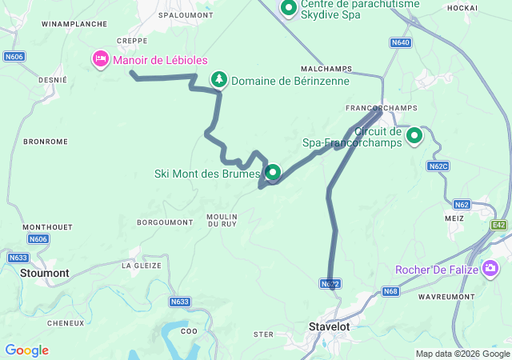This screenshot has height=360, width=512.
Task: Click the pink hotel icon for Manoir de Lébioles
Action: (100, 59)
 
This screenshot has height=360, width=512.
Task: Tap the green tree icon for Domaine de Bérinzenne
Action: (218, 79)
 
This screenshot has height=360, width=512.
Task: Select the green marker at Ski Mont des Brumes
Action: (273, 172)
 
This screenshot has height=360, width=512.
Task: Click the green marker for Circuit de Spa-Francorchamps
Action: (414, 135)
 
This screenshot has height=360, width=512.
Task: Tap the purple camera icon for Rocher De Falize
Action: (490, 269)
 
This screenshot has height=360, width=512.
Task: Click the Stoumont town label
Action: (46, 273)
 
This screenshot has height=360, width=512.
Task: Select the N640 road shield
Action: (401, 42)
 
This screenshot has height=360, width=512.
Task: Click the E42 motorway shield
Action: (499, 226)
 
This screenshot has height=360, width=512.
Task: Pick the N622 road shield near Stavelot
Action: (331, 284)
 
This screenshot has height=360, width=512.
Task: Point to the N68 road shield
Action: (390, 290)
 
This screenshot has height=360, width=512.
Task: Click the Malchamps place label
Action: (327, 69)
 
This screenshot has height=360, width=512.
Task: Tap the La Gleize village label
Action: (141, 265)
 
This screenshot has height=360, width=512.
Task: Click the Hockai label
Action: (462, 7)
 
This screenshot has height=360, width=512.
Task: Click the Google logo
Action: (26, 350)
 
